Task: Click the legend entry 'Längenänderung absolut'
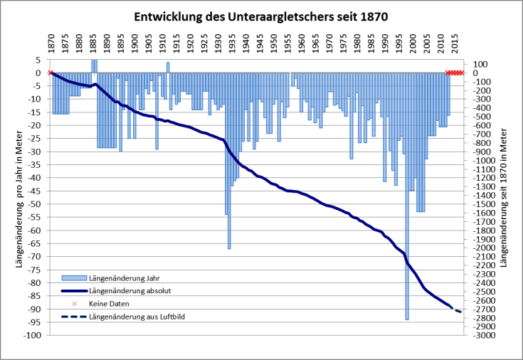coord(129,290)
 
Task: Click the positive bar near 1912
coord(168,68)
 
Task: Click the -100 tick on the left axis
coord(31,335)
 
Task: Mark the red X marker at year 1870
coord(50,73)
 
